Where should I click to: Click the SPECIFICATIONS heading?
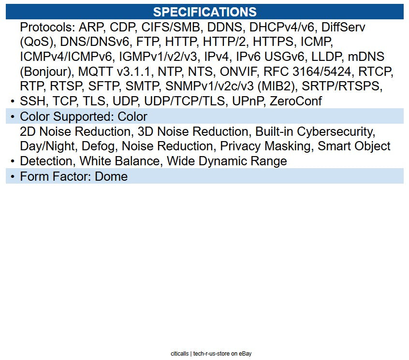[204, 12]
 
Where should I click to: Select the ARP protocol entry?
[92, 28]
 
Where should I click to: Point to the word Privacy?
[240, 146]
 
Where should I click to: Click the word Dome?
[111, 176]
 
